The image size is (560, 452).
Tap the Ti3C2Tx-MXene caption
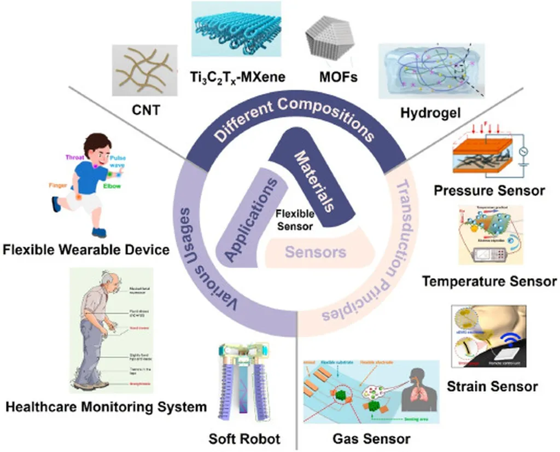point(238,77)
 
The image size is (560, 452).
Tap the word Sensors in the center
point(316,252)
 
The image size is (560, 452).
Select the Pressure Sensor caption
point(489,190)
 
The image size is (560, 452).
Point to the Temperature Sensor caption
point(489,281)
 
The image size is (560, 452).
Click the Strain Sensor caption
point(492,386)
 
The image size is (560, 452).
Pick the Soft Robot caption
point(244,439)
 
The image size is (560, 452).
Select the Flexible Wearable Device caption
point(86,251)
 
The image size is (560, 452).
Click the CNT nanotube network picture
point(144,70)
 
